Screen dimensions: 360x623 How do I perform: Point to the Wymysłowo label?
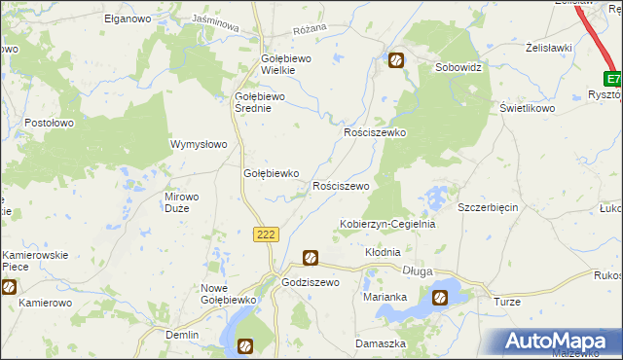(x=199, y=144)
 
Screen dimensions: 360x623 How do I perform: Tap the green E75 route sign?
(x=612, y=79)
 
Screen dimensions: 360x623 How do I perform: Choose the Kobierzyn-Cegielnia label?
(x=386, y=224)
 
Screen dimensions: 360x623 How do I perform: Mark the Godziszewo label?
(x=309, y=282)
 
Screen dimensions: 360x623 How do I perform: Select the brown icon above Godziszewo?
(x=310, y=258)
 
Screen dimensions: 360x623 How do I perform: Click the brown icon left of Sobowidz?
(x=397, y=61)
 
